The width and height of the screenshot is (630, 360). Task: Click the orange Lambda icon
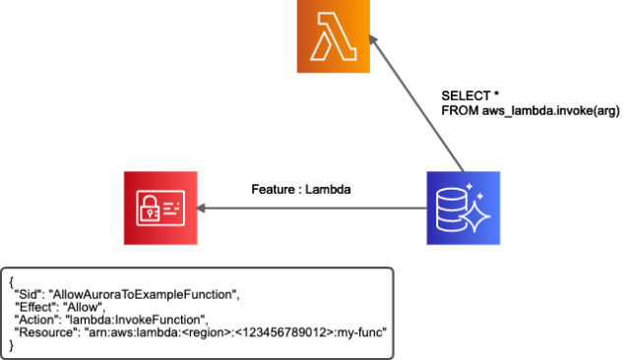click(334, 36)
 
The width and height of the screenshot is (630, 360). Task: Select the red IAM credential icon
click(160, 208)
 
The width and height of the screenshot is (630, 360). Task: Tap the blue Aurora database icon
click(463, 208)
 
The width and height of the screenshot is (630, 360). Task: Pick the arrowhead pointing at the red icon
click(203, 208)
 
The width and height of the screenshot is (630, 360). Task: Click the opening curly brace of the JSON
click(12, 281)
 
